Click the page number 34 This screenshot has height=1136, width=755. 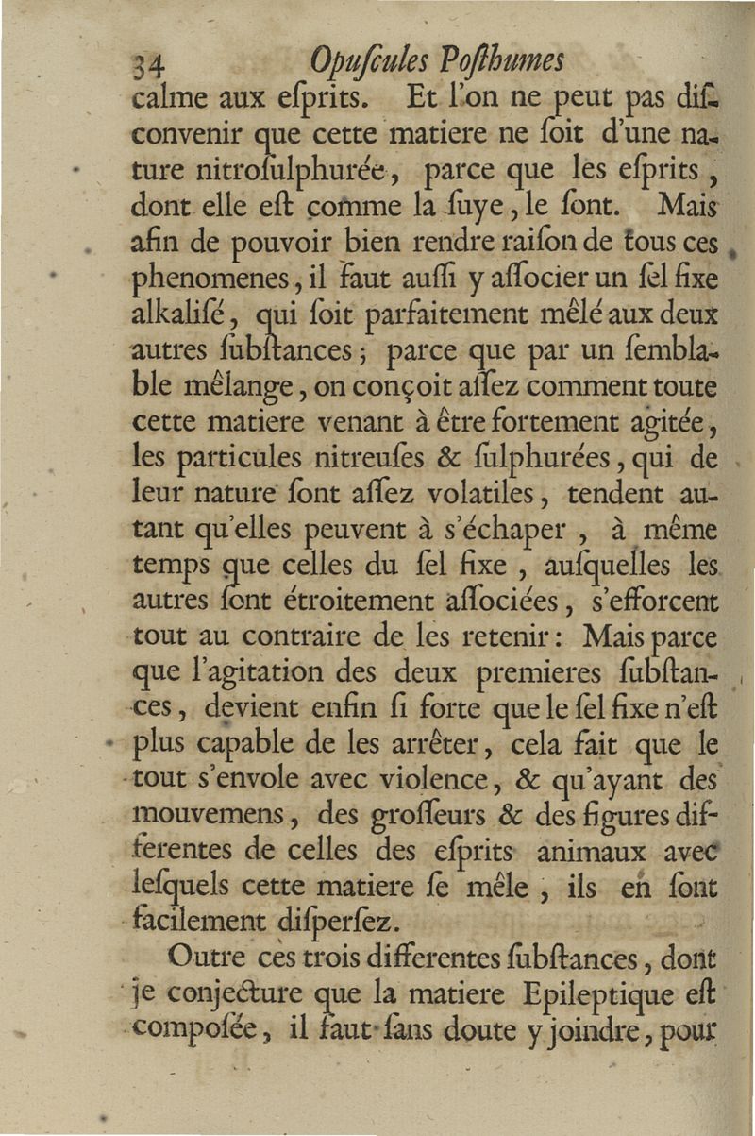tap(150, 65)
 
